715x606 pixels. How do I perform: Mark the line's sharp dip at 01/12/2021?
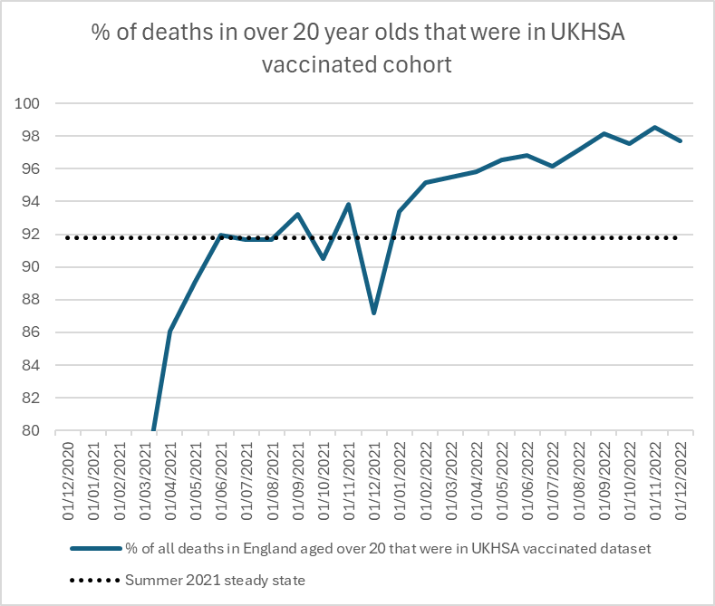pyautogui.click(x=374, y=313)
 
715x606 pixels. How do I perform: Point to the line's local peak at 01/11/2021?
pyautogui.click(x=349, y=204)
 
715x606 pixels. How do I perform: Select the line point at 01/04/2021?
pyautogui.click(x=169, y=332)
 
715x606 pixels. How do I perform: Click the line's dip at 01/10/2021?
pyautogui.click(x=323, y=259)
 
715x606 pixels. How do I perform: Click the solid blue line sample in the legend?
pyautogui.click(x=94, y=549)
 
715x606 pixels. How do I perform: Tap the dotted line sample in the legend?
pyautogui.click(x=94, y=581)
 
